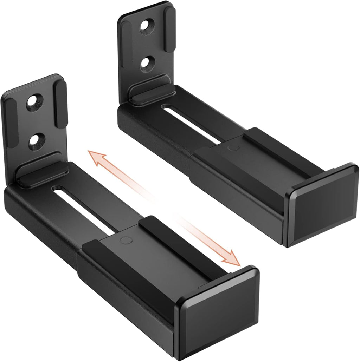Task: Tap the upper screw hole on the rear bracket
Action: click(147, 26)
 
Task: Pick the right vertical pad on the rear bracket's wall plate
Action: click(170, 28)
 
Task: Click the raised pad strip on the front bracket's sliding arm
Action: click(176, 242)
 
